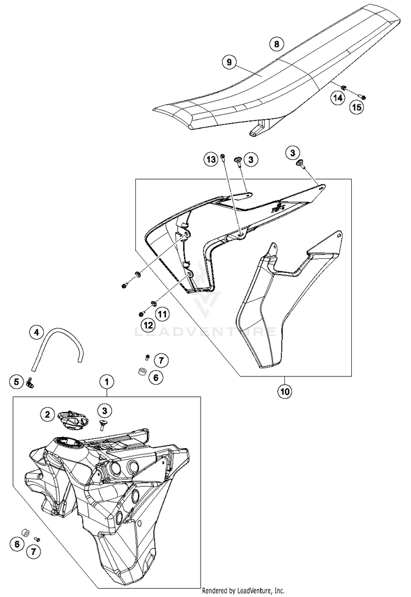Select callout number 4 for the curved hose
pyautogui.click(x=36, y=332)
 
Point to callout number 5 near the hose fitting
pyautogui.click(x=16, y=380)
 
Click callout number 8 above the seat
pyautogui.click(x=277, y=43)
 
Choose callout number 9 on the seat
pyautogui.click(x=230, y=62)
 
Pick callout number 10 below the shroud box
pyautogui.click(x=285, y=391)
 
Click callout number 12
pyautogui.click(x=147, y=325)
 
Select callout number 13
pyautogui.click(x=212, y=159)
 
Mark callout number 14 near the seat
pyautogui.click(x=338, y=98)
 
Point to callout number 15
pyautogui.click(x=356, y=107)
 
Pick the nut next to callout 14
pyautogui.click(x=342, y=88)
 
